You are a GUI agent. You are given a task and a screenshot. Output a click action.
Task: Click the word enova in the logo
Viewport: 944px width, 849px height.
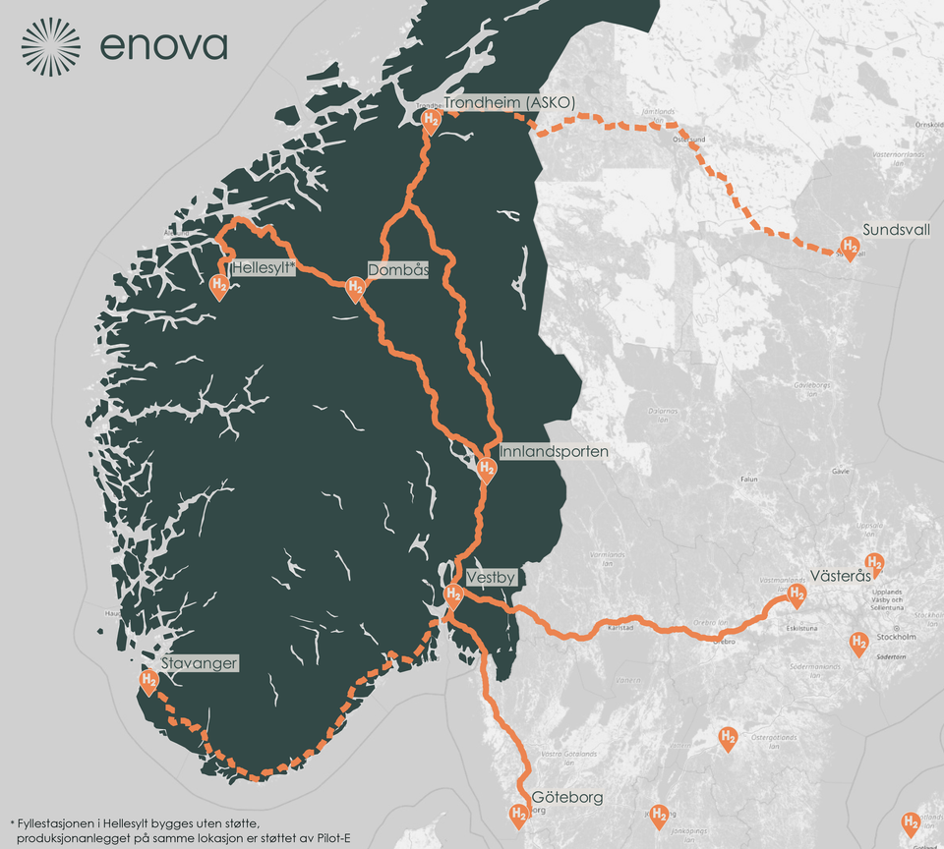[x=163, y=46]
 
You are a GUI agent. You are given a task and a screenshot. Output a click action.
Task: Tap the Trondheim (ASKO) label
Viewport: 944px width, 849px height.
[x=508, y=103]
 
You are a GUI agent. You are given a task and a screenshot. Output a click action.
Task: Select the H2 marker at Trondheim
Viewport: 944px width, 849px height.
[x=431, y=120]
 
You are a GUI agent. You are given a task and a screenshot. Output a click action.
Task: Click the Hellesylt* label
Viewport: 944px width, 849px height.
[x=263, y=267]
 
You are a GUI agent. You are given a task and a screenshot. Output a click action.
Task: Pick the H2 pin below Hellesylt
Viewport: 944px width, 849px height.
[x=219, y=286]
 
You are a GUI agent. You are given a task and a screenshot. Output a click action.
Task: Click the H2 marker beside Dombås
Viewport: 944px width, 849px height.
[x=355, y=288]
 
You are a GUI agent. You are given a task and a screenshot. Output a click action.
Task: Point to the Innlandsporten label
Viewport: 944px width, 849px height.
[x=554, y=452]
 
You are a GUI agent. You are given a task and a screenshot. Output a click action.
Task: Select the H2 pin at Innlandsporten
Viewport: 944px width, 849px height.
[x=486, y=470]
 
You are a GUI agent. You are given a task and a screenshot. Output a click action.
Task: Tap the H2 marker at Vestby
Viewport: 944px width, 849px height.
[x=453, y=594]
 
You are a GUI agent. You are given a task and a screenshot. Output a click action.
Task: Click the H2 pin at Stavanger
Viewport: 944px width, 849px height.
[x=148, y=680]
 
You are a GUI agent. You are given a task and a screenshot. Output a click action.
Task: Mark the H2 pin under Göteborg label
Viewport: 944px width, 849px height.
[x=517, y=814]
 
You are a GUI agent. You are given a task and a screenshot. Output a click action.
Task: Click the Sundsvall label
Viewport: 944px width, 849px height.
[x=896, y=230]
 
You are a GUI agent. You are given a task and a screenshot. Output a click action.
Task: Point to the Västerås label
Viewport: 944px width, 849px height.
[x=840, y=576]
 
